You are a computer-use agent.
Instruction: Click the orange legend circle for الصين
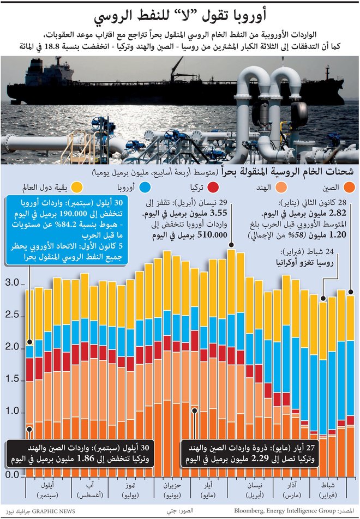[349, 189]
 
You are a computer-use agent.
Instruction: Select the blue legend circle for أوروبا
[146, 189]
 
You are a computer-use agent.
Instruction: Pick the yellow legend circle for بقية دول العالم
[77, 189]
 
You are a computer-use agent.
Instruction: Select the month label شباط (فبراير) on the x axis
[338, 488]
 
